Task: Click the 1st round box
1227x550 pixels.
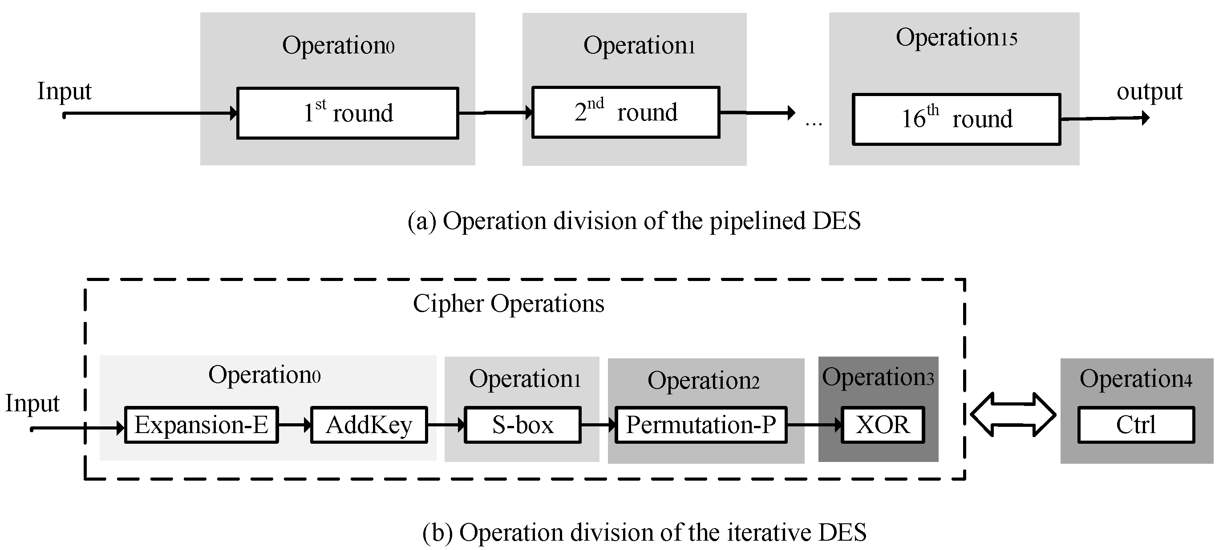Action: tap(348, 113)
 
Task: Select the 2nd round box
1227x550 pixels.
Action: tap(625, 112)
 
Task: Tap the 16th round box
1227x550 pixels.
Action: tap(956, 119)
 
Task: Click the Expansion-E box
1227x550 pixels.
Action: tap(201, 425)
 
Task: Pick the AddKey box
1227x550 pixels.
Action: tap(369, 425)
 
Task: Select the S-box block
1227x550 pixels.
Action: tap(522, 425)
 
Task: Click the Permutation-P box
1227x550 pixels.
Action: tap(701, 425)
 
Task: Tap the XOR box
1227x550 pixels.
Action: tap(883, 425)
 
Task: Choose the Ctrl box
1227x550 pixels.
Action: tap(1136, 425)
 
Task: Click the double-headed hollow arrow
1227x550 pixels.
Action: tap(1013, 414)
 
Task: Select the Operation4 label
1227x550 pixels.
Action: tap(1136, 379)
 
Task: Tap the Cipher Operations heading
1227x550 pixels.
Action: tap(508, 304)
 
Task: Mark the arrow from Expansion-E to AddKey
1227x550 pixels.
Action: tap(294, 425)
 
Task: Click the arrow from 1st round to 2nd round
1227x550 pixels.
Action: tap(495, 113)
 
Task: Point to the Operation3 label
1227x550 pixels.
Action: tap(877, 377)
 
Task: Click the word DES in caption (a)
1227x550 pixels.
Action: tap(836, 221)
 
